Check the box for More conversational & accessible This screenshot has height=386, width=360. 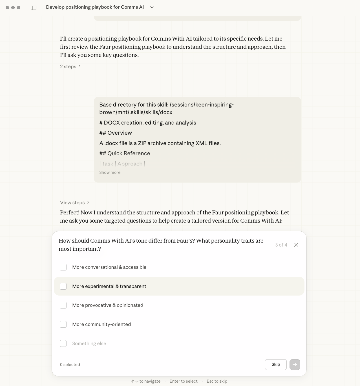click(x=63, y=267)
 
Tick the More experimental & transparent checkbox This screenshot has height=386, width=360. click(x=63, y=286)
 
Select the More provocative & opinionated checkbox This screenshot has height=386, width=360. click(x=63, y=305)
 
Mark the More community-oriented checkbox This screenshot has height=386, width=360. click(x=63, y=324)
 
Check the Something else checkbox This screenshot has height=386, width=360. click(x=63, y=343)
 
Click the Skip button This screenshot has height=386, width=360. click(x=275, y=364)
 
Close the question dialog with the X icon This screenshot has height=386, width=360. click(x=296, y=245)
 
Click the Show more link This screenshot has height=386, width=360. click(x=110, y=172)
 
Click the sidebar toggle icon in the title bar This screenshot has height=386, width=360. click(x=34, y=8)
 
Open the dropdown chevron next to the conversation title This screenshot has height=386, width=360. click(x=152, y=7)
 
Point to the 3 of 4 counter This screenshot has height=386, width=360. click(x=281, y=245)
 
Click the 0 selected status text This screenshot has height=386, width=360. click(x=70, y=365)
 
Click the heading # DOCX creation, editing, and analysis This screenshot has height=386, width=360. click(x=147, y=123)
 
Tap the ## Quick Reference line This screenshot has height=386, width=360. click(x=125, y=153)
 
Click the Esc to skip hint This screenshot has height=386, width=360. click(x=217, y=381)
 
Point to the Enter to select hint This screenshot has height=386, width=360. click(x=184, y=381)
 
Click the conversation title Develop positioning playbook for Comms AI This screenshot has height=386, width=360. click(x=95, y=7)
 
